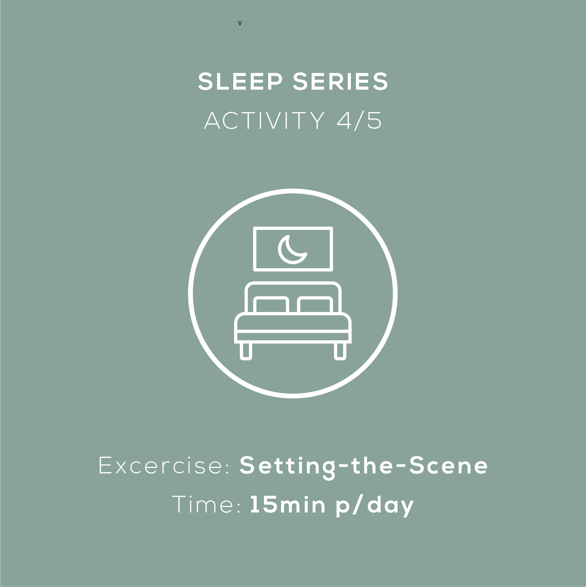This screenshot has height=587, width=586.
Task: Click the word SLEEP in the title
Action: [240, 81]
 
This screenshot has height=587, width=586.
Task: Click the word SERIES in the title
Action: [340, 81]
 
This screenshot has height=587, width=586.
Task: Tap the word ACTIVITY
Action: [264, 120]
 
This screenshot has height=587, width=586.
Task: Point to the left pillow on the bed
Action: [271, 304]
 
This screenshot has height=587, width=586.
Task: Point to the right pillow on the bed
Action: [315, 304]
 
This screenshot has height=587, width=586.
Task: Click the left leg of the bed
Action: [246, 351]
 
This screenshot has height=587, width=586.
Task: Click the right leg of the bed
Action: [340, 351]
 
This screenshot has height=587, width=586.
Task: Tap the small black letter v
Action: [240, 23]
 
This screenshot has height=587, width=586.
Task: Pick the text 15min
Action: [287, 504]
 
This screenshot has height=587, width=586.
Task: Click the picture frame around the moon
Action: [293, 228]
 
